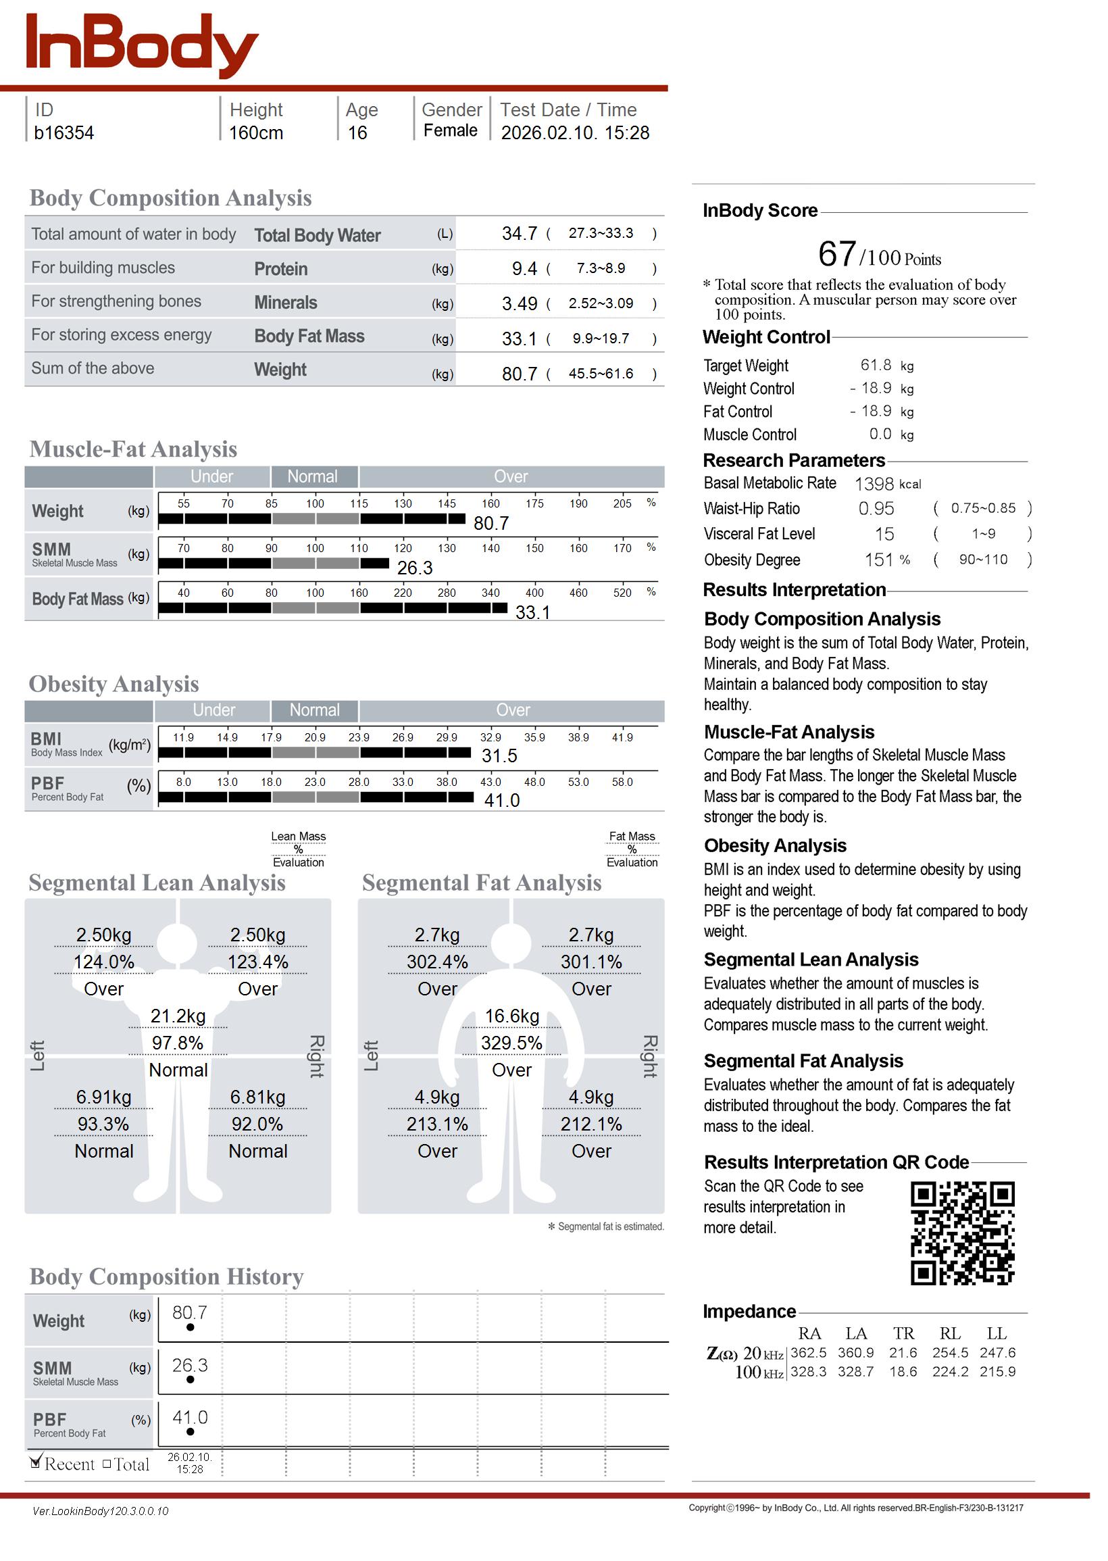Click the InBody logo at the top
(x=141, y=45)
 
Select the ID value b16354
(x=64, y=133)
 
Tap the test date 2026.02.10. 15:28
(x=574, y=133)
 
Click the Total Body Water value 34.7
(x=519, y=234)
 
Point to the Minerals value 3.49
(x=519, y=304)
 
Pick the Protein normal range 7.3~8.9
(x=601, y=269)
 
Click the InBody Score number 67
(x=836, y=255)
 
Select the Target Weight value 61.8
(x=876, y=366)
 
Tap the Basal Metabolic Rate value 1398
(x=874, y=485)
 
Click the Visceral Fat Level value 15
(x=884, y=535)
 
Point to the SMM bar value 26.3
(x=415, y=568)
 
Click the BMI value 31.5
(x=499, y=757)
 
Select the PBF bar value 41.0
(x=502, y=801)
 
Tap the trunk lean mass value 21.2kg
(x=178, y=1017)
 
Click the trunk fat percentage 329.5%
(x=511, y=1044)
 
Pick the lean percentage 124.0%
(x=103, y=963)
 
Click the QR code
(x=962, y=1234)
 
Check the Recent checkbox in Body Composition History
(x=36, y=1462)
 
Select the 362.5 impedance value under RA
(x=808, y=1354)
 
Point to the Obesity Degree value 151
(x=879, y=561)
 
